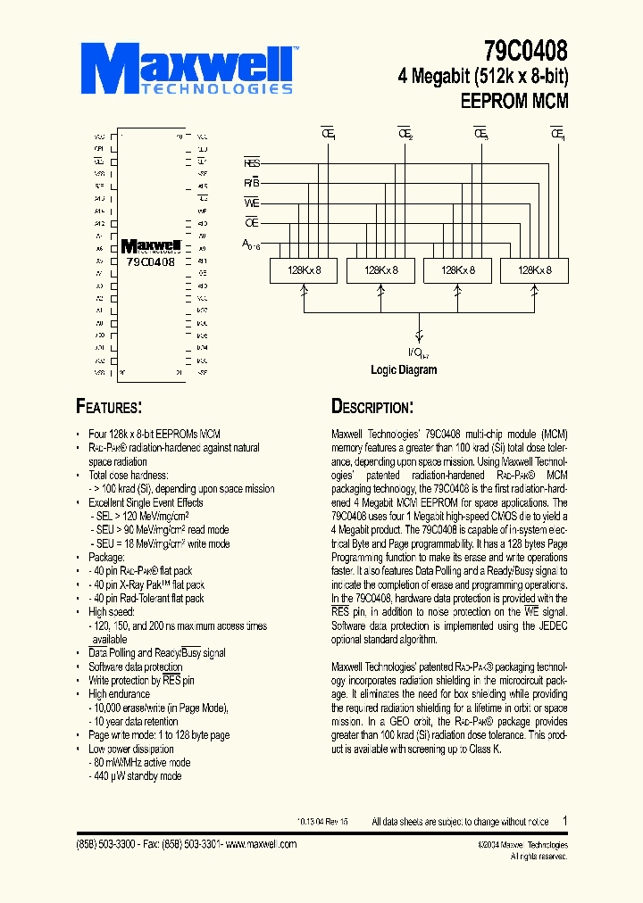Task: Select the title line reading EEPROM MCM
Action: [x=514, y=101]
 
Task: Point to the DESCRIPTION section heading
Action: [x=372, y=407]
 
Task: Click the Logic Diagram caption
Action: [x=404, y=369]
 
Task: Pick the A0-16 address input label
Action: [x=250, y=244]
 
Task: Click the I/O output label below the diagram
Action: [x=418, y=352]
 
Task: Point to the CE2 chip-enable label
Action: [x=405, y=135]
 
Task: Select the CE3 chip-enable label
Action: [x=480, y=135]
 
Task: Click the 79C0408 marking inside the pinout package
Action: [x=151, y=262]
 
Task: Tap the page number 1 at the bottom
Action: [x=564, y=820]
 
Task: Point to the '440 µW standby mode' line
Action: [x=137, y=776]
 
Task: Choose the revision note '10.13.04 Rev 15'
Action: [x=322, y=822]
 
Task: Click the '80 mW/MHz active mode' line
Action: [x=141, y=763]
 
